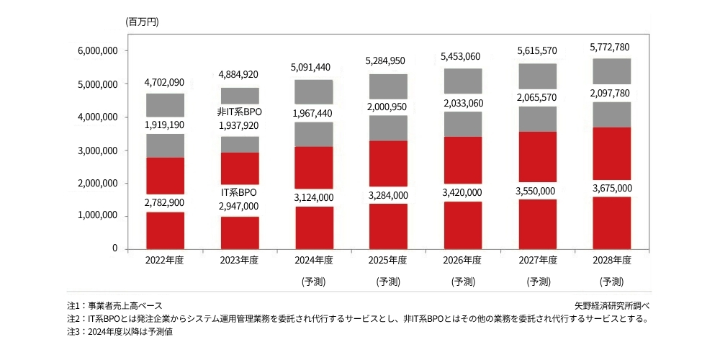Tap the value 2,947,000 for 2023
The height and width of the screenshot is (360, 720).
tap(238, 207)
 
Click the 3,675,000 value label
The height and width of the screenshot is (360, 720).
tap(611, 188)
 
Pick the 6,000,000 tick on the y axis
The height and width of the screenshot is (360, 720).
tap(96, 51)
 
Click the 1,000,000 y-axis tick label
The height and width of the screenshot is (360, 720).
tap(96, 216)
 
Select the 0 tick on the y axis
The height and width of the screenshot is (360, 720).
tap(114, 248)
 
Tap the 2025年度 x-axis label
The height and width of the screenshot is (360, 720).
tap(387, 260)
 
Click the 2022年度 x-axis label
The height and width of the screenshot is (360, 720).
tap(164, 260)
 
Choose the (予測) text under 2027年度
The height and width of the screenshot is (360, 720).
tap(538, 282)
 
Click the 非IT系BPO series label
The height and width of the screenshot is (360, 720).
tap(238, 112)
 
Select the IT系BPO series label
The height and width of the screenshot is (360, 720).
tap(238, 193)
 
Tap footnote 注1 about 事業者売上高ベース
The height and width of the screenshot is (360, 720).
tap(114, 305)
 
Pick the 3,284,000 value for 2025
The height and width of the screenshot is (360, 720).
tap(387, 195)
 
